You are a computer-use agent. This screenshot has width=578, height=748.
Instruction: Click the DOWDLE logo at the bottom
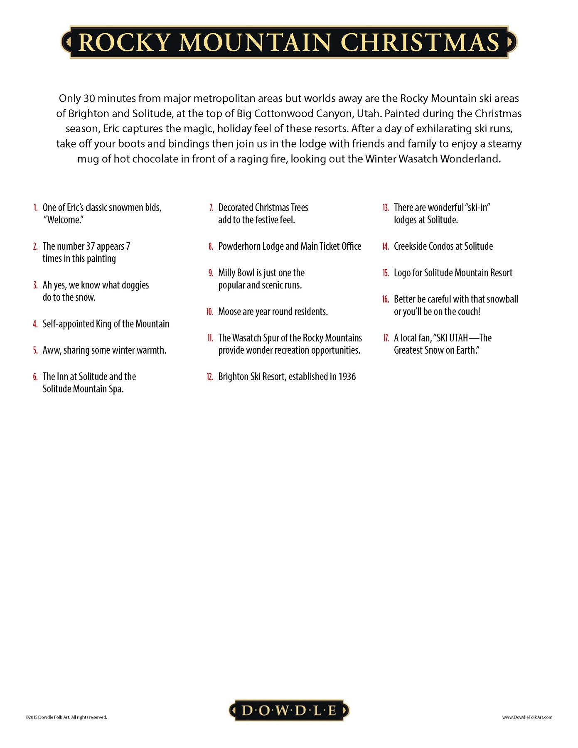click(289, 710)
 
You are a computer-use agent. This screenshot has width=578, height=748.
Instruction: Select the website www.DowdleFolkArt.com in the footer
click(527, 717)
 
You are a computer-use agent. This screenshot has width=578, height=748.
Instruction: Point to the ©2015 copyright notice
click(66, 717)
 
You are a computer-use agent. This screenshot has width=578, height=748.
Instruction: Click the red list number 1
click(36, 208)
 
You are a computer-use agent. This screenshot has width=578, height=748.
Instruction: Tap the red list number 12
click(210, 377)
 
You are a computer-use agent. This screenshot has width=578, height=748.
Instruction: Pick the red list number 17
click(386, 338)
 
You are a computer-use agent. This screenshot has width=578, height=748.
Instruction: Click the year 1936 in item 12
click(347, 377)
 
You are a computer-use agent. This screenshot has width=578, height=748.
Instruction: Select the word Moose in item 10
click(229, 312)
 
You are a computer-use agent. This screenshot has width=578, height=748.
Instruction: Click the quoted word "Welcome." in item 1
click(63, 220)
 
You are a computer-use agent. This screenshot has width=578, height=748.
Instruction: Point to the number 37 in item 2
click(91, 246)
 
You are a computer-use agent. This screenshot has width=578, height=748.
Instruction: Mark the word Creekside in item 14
click(410, 246)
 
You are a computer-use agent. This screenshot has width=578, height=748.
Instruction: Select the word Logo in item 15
click(402, 273)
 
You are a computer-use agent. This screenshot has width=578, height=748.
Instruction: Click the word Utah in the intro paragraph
click(367, 113)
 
